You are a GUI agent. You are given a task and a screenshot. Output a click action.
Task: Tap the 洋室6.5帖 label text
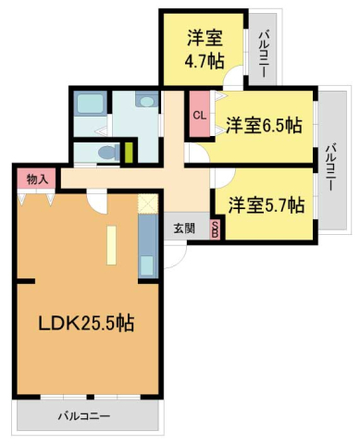click(x=265, y=125)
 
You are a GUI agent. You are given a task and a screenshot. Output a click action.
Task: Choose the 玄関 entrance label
click(x=183, y=228)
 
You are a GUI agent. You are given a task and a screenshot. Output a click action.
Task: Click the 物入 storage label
click(x=37, y=178)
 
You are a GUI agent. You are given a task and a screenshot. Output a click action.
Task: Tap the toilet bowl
click(x=107, y=152)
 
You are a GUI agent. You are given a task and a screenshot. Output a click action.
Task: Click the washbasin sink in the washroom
click(x=146, y=101)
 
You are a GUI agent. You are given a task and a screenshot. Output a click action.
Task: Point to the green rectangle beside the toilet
click(x=130, y=151)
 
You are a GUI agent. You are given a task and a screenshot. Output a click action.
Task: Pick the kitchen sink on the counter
click(x=147, y=263)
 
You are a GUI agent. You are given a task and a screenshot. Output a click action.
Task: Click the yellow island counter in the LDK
click(x=110, y=245)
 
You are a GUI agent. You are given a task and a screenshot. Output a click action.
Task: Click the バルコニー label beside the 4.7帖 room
click(x=264, y=54)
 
